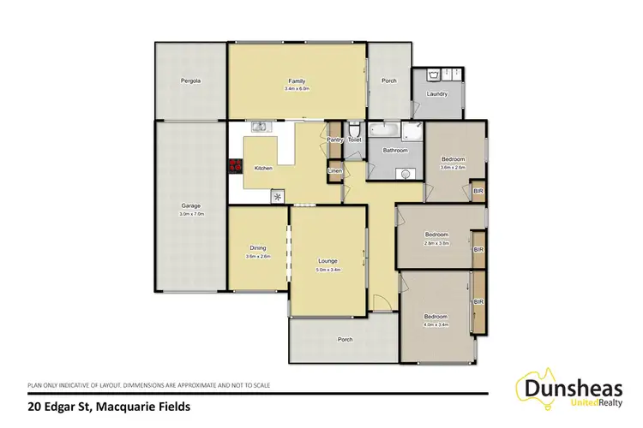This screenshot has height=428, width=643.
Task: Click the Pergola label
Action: [190, 81]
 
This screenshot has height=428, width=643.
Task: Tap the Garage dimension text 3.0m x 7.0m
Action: [190, 214]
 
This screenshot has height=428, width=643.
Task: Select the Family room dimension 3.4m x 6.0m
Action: [297, 89]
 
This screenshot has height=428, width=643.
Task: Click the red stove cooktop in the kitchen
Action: [232, 168]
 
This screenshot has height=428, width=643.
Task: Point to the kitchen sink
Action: [261, 128]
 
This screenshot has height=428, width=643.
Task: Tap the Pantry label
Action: [335, 139]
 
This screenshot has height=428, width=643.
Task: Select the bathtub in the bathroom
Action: [384, 130]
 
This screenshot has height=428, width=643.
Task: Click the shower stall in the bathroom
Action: [413, 130]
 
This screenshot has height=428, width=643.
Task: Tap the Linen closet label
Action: [334, 171]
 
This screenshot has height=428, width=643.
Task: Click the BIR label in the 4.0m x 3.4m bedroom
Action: [478, 302]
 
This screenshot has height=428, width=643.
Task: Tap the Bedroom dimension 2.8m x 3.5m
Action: [437, 243]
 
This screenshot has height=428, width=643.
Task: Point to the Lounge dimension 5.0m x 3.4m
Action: [327, 270]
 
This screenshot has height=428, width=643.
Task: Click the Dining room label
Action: [258, 247]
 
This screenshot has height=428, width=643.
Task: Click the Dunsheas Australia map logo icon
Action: [534, 385]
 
